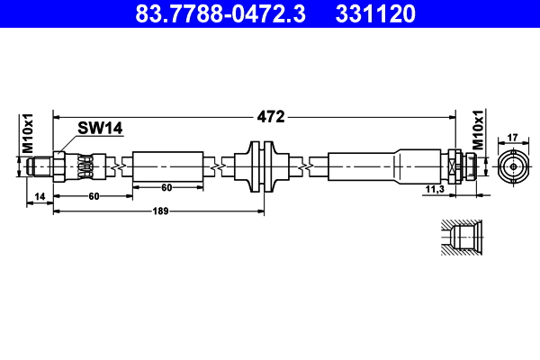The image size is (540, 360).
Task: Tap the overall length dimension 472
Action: click(271, 116)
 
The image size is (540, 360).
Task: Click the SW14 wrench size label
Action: click(99, 129)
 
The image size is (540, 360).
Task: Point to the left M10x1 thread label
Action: click(27, 133)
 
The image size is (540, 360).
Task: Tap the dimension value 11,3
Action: click(434, 188)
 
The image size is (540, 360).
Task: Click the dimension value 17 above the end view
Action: click(513, 137)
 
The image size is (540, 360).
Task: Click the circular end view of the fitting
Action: click(513, 166)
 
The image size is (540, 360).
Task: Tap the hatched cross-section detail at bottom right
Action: click(465, 239)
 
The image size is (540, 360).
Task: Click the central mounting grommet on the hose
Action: click(263, 166)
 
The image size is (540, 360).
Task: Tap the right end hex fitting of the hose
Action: click(460, 166)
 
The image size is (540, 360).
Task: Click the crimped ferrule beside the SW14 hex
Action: click(84, 166)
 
